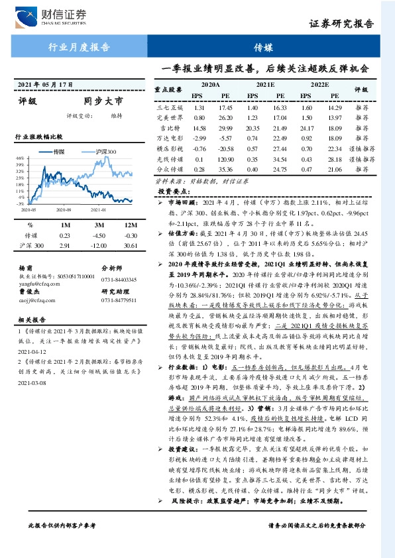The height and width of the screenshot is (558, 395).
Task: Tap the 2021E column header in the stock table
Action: (x=264, y=85)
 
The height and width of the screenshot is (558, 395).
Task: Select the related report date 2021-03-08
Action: (x=31, y=382)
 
